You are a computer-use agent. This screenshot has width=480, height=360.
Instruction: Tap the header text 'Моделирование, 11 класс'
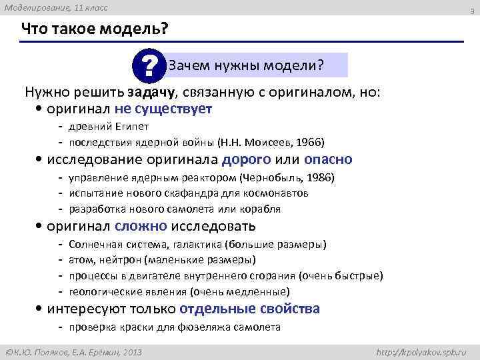pyautogui.click(x=55, y=7)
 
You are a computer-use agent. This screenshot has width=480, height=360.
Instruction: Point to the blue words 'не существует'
pyautogui.click(x=171, y=108)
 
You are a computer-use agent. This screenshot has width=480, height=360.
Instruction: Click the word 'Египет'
pyautogui.click(x=135, y=126)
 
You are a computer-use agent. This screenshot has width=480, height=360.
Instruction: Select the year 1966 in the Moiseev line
pyautogui.click(x=309, y=142)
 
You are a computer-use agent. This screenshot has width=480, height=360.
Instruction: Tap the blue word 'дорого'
pyautogui.click(x=246, y=159)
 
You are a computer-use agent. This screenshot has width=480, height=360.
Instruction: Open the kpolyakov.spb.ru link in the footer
pyautogui.click(x=422, y=350)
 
